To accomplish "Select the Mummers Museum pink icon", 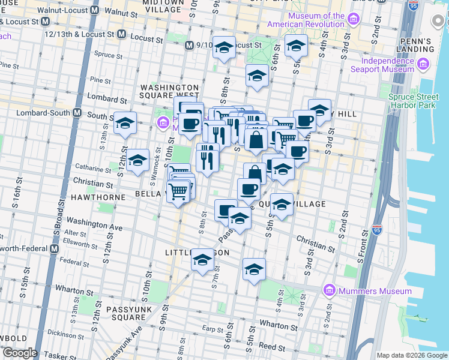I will click(328, 291).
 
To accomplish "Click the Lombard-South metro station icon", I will click(77, 113).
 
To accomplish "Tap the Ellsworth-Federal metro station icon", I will click(55, 248).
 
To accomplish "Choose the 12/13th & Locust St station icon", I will click(122, 34).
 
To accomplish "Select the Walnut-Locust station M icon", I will click(95, 11).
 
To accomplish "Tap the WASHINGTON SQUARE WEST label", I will click(169, 91).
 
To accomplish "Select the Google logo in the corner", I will click(19, 353).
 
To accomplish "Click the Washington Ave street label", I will click(94, 224).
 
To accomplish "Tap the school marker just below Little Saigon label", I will click(203, 261).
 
